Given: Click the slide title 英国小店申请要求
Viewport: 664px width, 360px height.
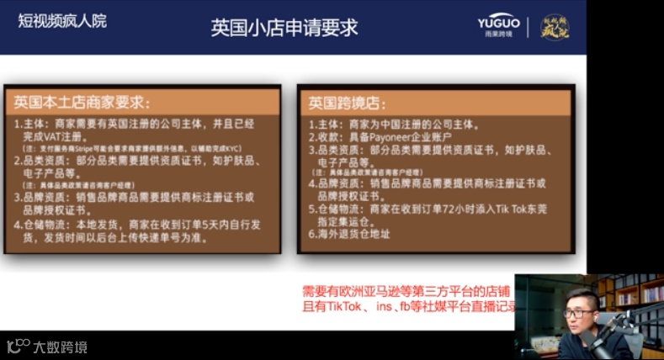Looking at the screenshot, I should click(x=284, y=27).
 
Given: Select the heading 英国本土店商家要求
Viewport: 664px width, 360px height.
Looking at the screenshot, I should click(x=82, y=103).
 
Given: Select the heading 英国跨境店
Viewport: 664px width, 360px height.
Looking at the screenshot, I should click(x=347, y=103).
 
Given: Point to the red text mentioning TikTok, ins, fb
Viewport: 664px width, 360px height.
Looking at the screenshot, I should click(x=409, y=307).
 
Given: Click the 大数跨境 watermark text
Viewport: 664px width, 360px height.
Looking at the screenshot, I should click(x=60, y=347).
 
